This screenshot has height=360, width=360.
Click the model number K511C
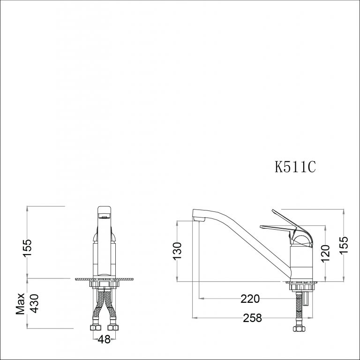coord(296,167)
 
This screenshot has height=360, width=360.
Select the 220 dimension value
coord(250,298)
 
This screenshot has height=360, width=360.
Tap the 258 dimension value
coord(252,318)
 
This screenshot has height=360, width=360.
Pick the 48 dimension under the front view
coord(105,339)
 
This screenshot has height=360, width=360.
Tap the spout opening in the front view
coord(104,217)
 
